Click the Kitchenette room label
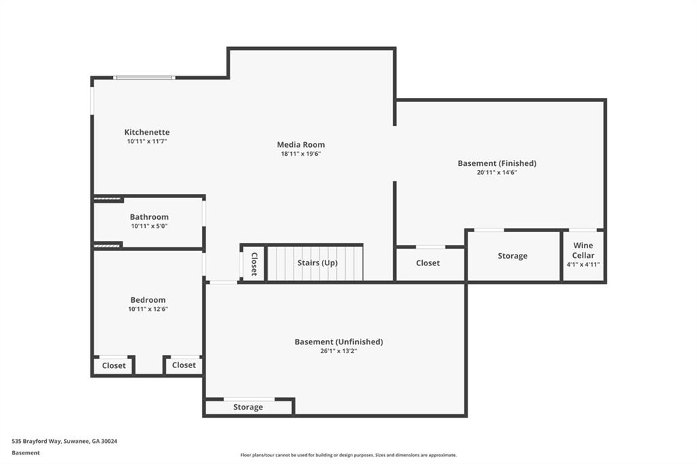(146, 132)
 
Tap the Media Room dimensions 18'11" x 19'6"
(300, 154)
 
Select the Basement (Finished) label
(497, 163)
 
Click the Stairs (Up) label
(317, 263)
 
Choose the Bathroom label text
(149, 217)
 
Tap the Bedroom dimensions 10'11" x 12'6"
(148, 309)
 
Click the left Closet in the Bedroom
(114, 365)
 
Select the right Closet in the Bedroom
(184, 365)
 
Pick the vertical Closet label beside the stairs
(254, 263)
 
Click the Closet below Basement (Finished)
(427, 263)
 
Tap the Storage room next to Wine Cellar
(512, 256)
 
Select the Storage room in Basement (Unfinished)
(248, 407)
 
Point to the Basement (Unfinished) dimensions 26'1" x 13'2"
(338, 351)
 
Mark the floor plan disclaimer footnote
(348, 455)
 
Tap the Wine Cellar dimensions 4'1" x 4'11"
(583, 264)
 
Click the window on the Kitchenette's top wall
(144, 78)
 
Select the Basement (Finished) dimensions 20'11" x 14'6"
(497, 173)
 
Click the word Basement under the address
(26, 452)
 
